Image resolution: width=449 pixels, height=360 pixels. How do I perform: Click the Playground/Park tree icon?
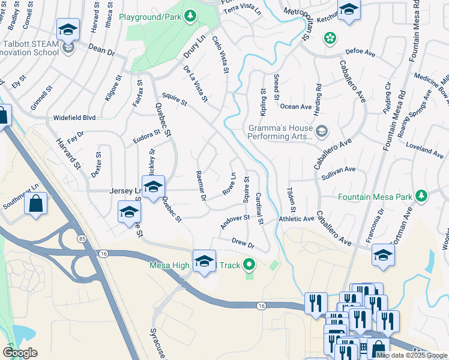pyautogui.click(x=190, y=15)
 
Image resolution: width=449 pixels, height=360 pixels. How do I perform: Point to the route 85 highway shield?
pyautogui.click(x=82, y=239)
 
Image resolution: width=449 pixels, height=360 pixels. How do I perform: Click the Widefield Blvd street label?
pyautogui.click(x=74, y=118)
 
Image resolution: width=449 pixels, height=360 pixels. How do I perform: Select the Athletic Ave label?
pyautogui.click(x=297, y=220)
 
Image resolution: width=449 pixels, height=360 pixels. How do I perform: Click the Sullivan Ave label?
pyautogui.click(x=339, y=170)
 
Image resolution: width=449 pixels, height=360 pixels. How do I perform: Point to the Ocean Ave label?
pyautogui.click(x=297, y=107)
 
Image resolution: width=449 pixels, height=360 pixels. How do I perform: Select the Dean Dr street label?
pyautogui.click(x=101, y=49)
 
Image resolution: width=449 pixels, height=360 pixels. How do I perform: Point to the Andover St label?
pyautogui.click(x=234, y=220)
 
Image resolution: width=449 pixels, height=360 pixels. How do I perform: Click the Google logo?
pyautogui.click(x=20, y=353)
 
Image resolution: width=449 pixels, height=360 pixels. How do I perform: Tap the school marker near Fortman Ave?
pyautogui.click(x=383, y=255)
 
